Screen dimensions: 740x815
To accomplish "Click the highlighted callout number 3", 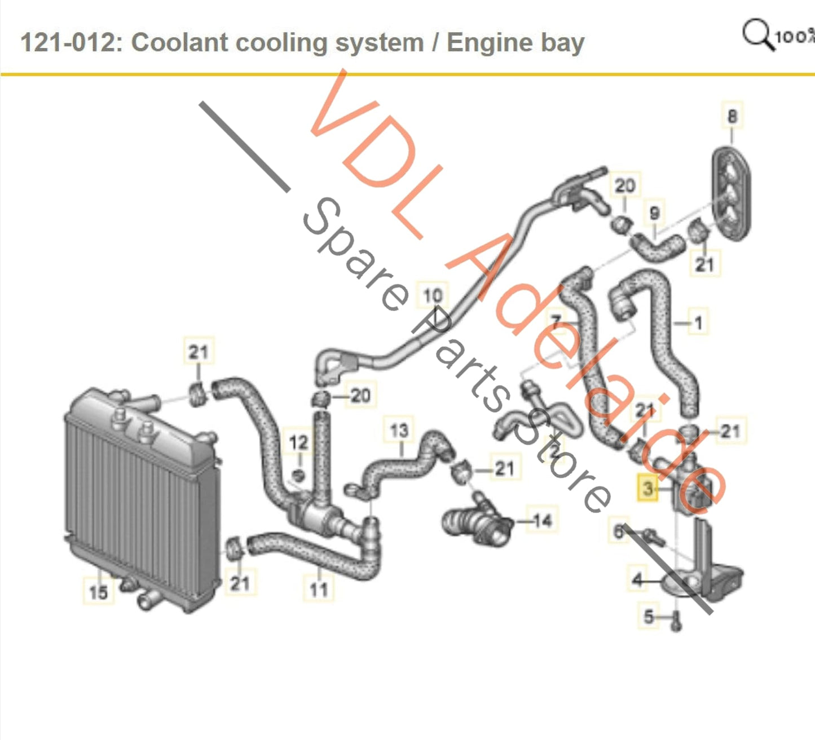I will coord(647,488).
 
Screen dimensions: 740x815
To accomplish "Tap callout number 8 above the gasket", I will coord(732,116).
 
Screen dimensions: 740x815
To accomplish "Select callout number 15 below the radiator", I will coord(98,592).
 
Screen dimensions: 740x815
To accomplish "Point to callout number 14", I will coord(542,520).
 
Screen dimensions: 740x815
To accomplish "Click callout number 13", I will coord(399,431).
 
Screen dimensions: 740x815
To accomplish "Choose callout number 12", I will coord(298,442).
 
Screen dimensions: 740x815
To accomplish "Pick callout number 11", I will coord(319,590).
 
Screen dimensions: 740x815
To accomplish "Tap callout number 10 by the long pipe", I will coord(433,295).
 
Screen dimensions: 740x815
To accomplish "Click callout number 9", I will coord(654,213).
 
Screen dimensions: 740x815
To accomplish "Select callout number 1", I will coord(698,323).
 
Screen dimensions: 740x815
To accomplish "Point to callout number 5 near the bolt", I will coord(649,617).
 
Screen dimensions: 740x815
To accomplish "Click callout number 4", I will coord(637,579).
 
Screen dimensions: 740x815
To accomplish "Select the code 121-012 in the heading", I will coord(68,43).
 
